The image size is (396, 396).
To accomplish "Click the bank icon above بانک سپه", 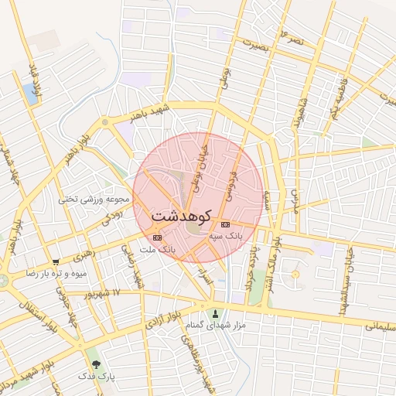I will pos(225,224).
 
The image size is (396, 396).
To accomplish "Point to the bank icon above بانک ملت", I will pos(158,237).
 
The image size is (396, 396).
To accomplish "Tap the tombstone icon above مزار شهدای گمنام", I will pos(215,313).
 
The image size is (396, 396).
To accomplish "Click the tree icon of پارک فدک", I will pos(97,364).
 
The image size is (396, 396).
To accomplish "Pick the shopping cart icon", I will pos(55,262).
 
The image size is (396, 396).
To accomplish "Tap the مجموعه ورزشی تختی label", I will pos(91,199).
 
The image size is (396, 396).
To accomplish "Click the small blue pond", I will pos(31,94).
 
